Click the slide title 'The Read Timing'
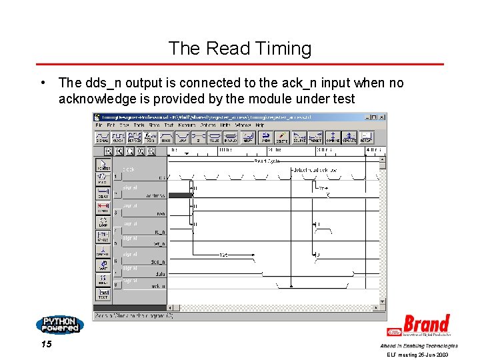239,49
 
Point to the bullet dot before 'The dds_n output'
42,83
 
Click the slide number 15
46,345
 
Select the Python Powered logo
59,325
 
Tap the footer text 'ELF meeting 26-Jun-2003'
417,355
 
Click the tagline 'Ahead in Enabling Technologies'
419,346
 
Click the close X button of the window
382,117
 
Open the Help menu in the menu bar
259,125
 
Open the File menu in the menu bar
99,125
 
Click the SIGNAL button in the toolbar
103,137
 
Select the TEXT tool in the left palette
103,293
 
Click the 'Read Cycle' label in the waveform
267,161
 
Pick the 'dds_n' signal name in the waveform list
157,261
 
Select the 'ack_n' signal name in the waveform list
157,285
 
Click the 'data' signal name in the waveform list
160,273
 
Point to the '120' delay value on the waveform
224,255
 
